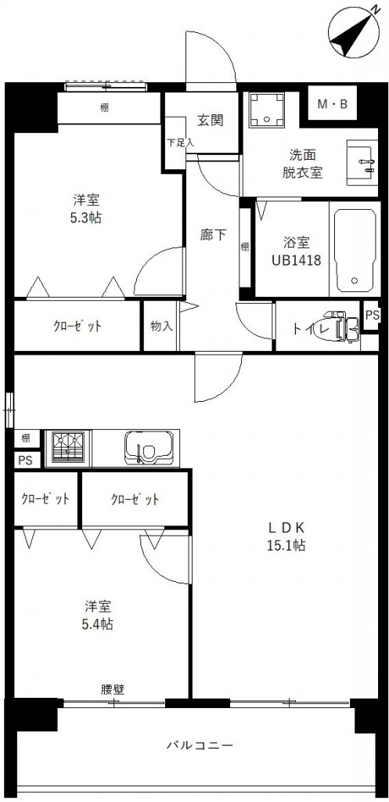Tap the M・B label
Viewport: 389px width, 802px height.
click(333, 104)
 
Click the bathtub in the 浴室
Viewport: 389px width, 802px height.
click(355, 250)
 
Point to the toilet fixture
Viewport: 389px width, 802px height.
click(342, 327)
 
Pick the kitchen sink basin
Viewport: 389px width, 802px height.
click(148, 448)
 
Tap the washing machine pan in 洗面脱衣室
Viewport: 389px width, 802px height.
click(266, 110)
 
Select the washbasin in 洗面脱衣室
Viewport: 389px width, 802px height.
click(362, 164)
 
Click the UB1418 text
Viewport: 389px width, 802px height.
click(296, 261)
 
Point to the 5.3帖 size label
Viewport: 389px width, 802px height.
click(86, 218)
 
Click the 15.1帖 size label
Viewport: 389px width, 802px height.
click(286, 546)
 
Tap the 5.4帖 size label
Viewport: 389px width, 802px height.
click(99, 624)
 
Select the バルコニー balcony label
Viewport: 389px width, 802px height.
click(200, 745)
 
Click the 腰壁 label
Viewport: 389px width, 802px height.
click(113, 689)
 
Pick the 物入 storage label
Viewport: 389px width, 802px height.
click(161, 326)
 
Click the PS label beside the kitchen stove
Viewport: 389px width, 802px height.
click(25, 461)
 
